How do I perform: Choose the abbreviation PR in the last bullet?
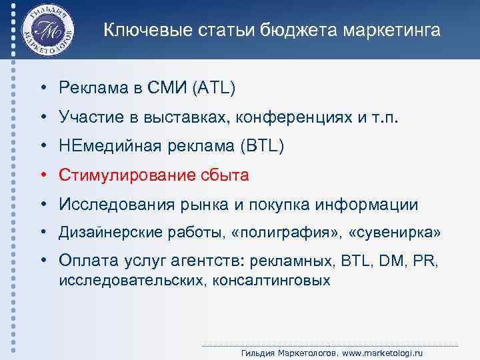point(423,260)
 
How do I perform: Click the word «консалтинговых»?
point(271,280)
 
